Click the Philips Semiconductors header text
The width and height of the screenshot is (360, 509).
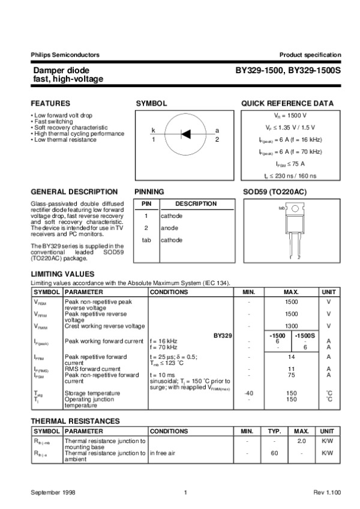65,55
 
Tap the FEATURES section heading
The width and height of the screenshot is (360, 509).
50,103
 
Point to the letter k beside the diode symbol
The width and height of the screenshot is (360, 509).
153,130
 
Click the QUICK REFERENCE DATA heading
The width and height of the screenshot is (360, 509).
287,103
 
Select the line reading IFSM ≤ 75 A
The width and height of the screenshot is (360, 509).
290,163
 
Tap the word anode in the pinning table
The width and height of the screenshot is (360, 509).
169,228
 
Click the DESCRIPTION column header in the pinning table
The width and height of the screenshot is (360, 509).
196,203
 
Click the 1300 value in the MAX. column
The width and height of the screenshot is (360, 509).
292,326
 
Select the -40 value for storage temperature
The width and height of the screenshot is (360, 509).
248,393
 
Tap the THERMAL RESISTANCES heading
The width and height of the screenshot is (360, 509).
75,421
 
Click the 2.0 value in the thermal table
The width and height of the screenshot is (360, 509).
302,441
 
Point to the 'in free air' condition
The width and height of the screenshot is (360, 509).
163,453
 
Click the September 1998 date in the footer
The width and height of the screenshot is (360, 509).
53,492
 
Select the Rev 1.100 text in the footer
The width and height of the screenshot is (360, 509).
327,492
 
